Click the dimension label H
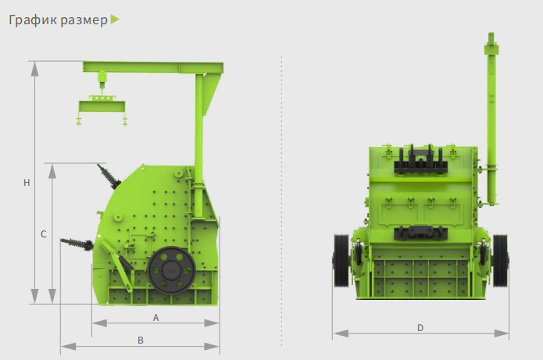tap(27, 183)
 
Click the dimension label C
tap(43, 234)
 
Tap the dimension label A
tap(155, 317)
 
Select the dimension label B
tap(141, 340)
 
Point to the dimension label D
tap(420, 328)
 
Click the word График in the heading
tap(33, 20)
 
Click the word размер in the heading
tap(84, 21)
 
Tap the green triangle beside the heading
tap(115, 20)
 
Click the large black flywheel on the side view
tap(171, 270)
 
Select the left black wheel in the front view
tap(341, 260)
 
